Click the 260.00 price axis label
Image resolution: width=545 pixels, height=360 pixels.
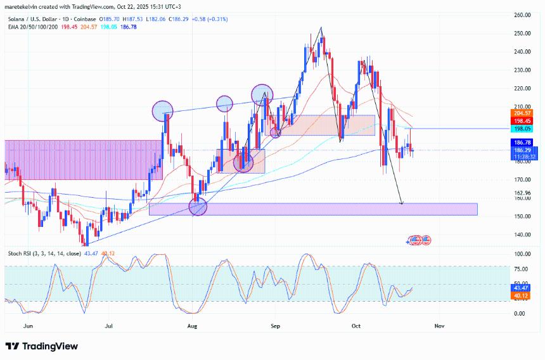pyautogui.click(x=523, y=15)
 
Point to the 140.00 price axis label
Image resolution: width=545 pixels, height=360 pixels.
pyautogui.click(x=523, y=235)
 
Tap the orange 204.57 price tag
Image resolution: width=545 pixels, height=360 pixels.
pyautogui.click(x=522, y=112)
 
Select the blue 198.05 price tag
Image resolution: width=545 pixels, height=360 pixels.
pyautogui.click(x=522, y=127)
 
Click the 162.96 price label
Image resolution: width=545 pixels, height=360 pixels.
pyautogui.click(x=523, y=193)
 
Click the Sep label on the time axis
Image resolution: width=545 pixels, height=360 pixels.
pyautogui.click(x=276, y=326)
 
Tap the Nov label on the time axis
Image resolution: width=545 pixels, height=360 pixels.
pyautogui.click(x=439, y=326)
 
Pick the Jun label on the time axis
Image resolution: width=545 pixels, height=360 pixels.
pyautogui.click(x=27, y=326)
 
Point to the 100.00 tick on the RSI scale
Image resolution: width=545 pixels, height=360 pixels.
pyautogui.click(x=523, y=254)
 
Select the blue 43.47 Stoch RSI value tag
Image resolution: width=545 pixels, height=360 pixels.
pyautogui.click(x=522, y=288)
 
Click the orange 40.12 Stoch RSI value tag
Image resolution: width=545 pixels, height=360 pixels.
pyautogui.click(x=522, y=295)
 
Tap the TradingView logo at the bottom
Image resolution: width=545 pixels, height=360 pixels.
pyautogui.click(x=42, y=346)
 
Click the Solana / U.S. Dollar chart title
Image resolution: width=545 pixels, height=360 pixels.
pyautogui.click(x=37, y=19)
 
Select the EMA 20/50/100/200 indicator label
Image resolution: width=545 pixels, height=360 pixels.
pyautogui.click(x=32, y=27)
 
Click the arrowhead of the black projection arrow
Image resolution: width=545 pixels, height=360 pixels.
pyautogui.click(x=402, y=203)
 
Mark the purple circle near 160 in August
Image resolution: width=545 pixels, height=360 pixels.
pyautogui.click(x=198, y=206)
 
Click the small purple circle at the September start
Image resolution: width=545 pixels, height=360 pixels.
pyautogui.click(x=276, y=132)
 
